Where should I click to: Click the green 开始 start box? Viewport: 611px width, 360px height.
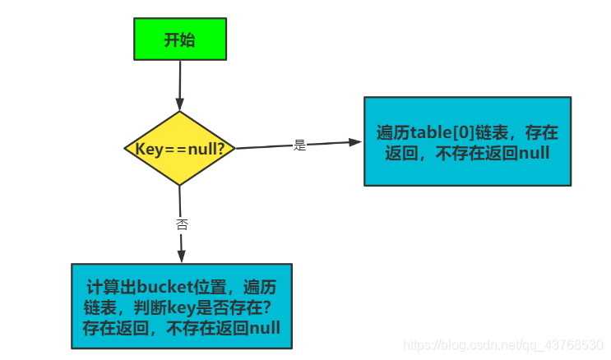tap(179, 39)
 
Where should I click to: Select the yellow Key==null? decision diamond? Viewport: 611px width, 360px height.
tap(179, 148)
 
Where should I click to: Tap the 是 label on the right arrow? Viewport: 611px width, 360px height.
tap(299, 145)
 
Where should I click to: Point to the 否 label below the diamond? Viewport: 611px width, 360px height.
tap(182, 224)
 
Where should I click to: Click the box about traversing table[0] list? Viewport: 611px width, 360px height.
tap(467, 141)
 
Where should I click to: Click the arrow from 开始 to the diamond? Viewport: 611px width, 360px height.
tap(179, 85)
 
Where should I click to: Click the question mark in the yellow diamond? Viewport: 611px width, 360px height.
tap(228, 149)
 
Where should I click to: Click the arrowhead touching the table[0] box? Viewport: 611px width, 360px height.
tap(356, 142)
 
